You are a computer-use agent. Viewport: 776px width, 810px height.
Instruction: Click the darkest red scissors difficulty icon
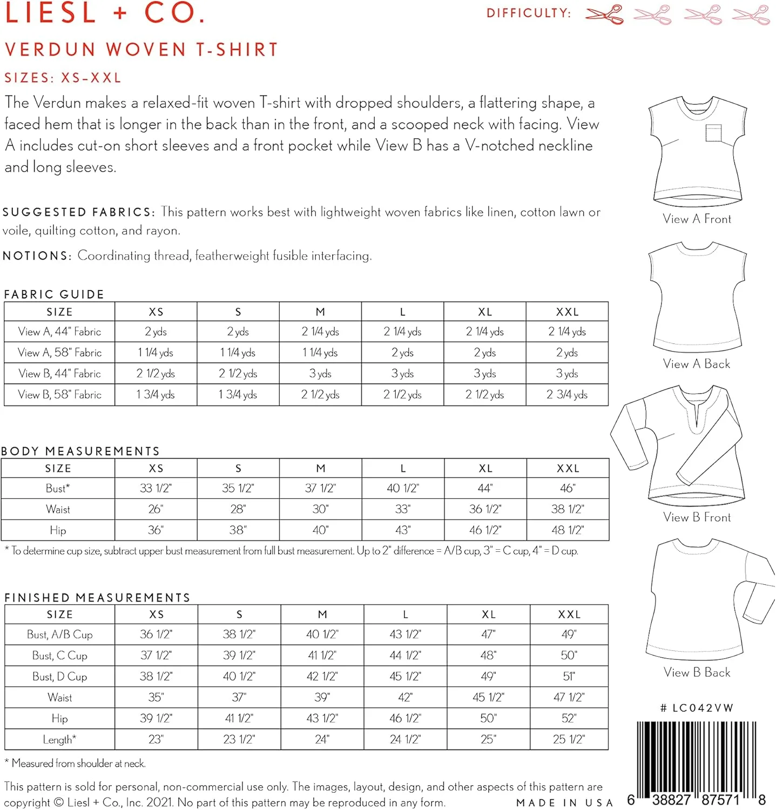pos(604,14)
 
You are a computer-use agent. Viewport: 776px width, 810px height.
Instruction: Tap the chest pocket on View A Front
pos(713,133)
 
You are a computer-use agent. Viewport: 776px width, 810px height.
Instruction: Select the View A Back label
pos(696,364)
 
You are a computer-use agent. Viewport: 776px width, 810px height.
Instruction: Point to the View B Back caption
pos(697,672)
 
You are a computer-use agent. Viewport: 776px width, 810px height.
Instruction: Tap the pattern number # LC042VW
pos(697,708)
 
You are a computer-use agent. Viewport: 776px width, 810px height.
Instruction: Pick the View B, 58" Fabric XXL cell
pos(566,395)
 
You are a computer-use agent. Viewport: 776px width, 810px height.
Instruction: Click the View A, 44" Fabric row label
pos(59,332)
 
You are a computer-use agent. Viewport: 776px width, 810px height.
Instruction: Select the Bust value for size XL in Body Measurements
pos(485,488)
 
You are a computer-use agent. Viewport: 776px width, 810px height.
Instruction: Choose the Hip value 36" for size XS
pos(156,530)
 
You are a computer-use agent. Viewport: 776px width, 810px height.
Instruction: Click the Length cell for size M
pos(322,739)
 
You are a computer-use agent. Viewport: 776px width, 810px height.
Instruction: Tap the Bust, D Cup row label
pos(59,677)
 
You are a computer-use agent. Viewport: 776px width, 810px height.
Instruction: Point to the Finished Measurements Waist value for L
pos(405,698)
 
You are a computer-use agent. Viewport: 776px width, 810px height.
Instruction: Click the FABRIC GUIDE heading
pos(54,294)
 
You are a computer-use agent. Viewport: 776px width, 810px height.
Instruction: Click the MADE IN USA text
pos(564,803)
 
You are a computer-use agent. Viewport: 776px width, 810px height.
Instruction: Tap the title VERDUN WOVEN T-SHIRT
pos(141,50)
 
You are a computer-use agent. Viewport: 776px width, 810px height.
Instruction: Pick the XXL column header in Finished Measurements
pos(569,615)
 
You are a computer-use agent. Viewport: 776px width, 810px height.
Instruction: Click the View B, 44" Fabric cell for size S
pos(238,374)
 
